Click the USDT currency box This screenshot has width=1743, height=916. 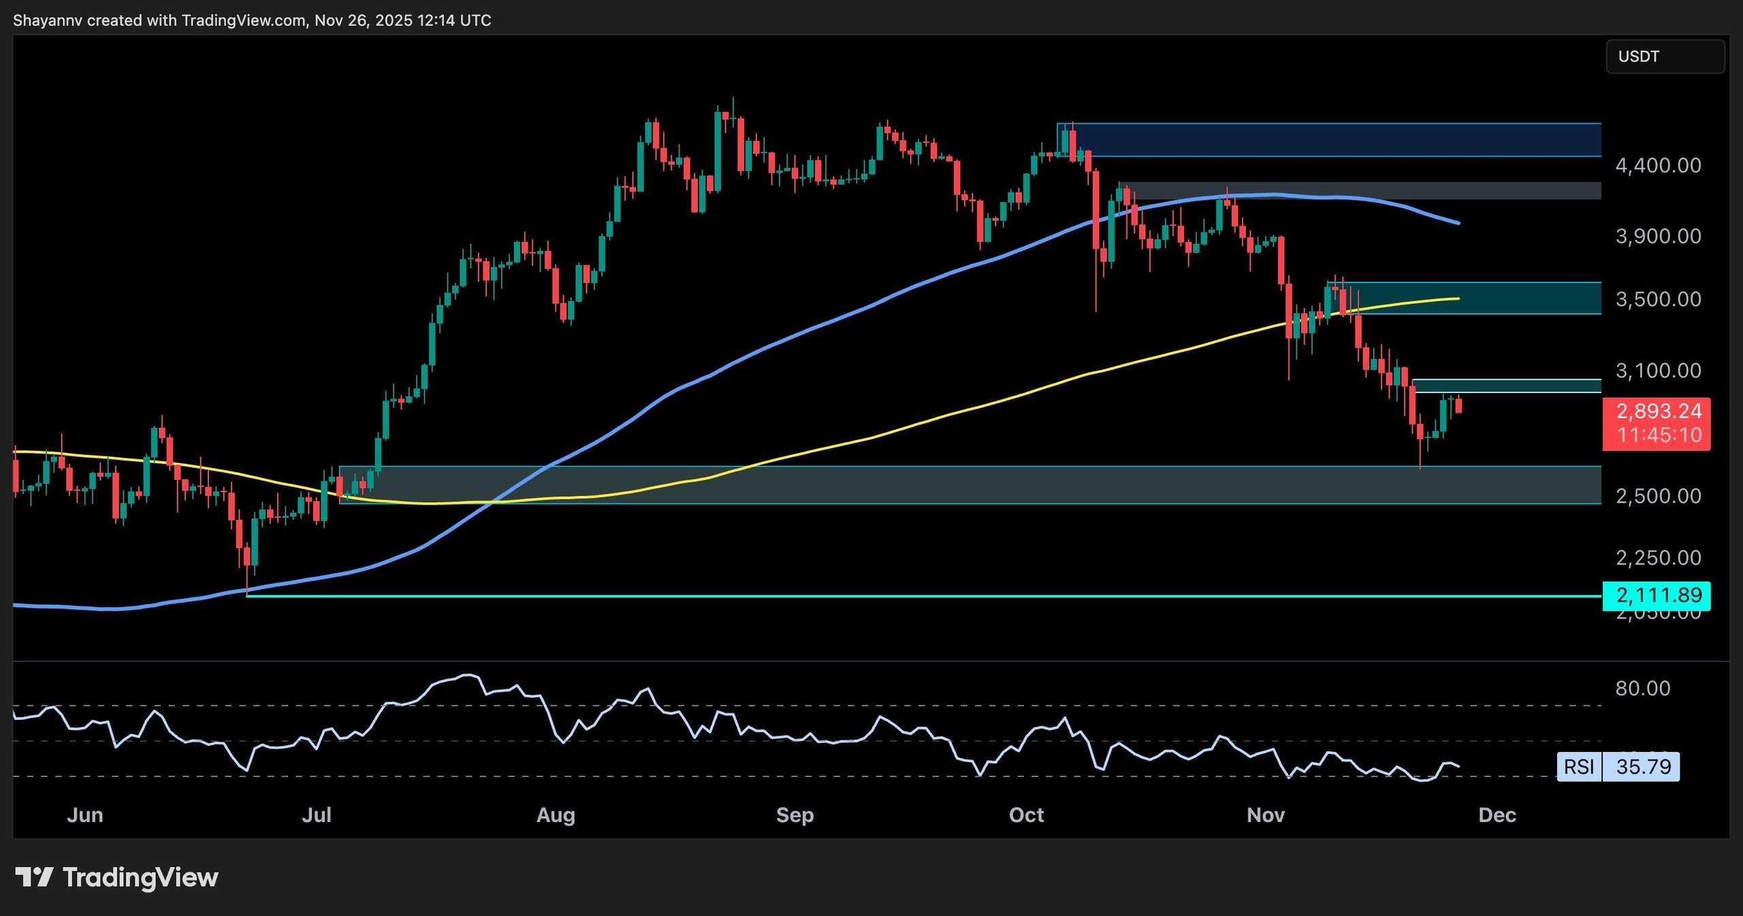click(x=1664, y=57)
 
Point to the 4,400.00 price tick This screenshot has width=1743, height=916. click(x=1658, y=165)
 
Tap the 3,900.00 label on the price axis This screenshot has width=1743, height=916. click(x=1658, y=236)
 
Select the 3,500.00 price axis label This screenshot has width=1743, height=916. click(x=1658, y=300)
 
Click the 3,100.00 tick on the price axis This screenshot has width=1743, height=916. click(x=1658, y=370)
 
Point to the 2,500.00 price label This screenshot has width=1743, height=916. click(x=1658, y=496)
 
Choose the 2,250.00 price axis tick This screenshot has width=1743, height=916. click(x=1658, y=558)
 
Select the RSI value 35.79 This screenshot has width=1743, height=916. click(x=1643, y=767)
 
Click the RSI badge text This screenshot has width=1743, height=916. click(x=1579, y=767)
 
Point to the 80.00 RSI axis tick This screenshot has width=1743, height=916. click(x=1642, y=688)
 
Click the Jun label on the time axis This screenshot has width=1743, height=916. click(x=85, y=815)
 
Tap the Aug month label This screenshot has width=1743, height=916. click(x=556, y=815)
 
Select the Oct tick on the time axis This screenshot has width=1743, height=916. click(x=1026, y=815)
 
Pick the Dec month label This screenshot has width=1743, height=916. click(x=1497, y=815)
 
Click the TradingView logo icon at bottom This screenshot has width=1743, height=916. click(x=34, y=877)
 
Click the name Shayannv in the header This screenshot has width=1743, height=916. click(x=47, y=20)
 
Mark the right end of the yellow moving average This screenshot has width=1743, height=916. click(x=1458, y=298)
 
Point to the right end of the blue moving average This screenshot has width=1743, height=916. click(x=1458, y=223)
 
